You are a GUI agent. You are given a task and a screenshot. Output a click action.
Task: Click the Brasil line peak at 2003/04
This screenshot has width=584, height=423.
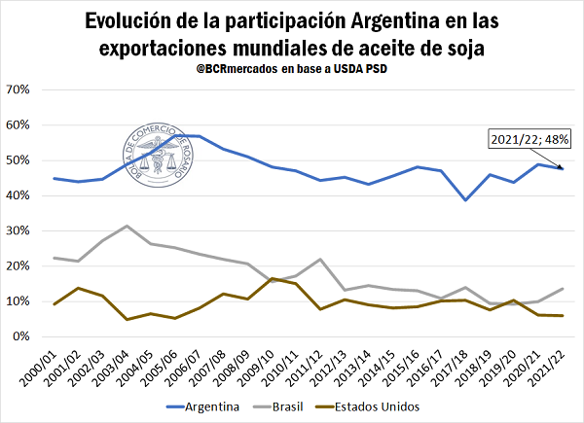click(127, 226)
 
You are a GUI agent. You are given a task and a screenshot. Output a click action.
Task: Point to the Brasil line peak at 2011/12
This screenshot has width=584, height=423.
click(320, 260)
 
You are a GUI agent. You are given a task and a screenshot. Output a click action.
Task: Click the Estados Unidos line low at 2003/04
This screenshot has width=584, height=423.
click(127, 319)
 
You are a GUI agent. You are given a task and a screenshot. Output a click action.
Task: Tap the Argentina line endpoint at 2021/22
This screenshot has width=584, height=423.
click(563, 168)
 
